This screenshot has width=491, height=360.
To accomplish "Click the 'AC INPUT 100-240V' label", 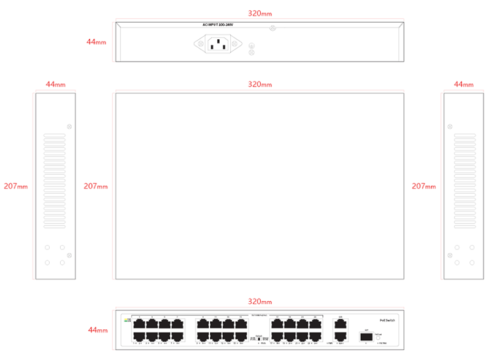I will coord(218,25).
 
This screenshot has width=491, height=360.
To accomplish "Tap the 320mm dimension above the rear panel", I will coord(260,13).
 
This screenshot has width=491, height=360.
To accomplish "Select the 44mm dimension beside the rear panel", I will coord(96,42).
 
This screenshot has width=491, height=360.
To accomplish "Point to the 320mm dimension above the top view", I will coord(260,84).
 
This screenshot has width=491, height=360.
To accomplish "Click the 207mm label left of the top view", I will coord(96,186).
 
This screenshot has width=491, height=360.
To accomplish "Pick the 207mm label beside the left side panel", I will coord(15,186).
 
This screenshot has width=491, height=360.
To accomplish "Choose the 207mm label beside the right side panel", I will coord(424,186).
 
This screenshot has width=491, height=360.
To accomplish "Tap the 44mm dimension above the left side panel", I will coord(55,84).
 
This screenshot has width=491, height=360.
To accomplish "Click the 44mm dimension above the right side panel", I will coord(463,84).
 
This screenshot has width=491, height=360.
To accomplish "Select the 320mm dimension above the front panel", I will coord(260,302).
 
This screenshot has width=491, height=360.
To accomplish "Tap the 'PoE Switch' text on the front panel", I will coord(387,320).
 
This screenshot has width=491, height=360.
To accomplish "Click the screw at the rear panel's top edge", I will coord(273,28).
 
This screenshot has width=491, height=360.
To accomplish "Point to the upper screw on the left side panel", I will coord(69,127).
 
